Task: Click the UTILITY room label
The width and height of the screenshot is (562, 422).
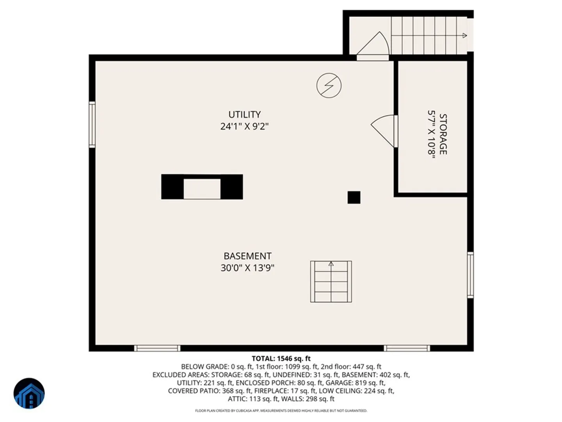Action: tap(245, 114)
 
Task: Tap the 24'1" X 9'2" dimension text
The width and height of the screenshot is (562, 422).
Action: tap(245, 126)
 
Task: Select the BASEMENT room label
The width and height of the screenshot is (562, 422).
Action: tap(247, 256)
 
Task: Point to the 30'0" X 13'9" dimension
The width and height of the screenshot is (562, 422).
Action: tap(247, 268)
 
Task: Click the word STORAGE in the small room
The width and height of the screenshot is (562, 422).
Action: tap(443, 134)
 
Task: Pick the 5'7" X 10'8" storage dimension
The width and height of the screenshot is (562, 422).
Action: tap(431, 136)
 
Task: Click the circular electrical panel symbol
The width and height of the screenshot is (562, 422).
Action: tap(329, 85)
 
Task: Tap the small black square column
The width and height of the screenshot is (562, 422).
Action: tap(354, 197)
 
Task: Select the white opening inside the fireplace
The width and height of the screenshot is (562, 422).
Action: tap(202, 189)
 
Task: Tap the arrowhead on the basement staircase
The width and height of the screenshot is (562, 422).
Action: tap(331, 264)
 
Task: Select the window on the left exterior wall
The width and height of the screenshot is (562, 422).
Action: tap(92, 125)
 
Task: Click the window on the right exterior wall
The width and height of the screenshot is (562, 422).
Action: tap(470, 275)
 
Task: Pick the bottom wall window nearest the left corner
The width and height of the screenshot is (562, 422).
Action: tap(157, 348)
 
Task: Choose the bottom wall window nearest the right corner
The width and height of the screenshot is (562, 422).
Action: tap(407, 348)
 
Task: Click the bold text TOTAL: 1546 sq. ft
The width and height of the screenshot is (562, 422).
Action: tap(281, 358)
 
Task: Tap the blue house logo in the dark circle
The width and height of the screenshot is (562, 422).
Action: tap(29, 393)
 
